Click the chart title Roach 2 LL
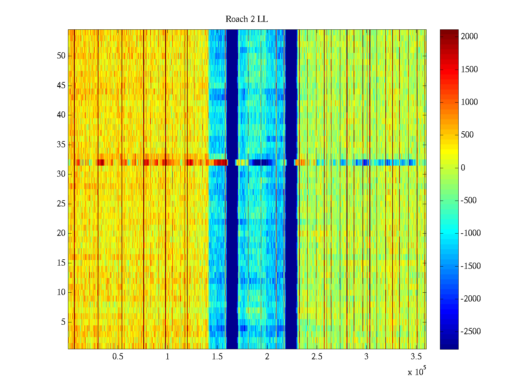click(x=246, y=19)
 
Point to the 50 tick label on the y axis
click(x=61, y=56)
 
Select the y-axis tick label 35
click(x=61, y=145)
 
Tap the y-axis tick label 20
click(x=61, y=233)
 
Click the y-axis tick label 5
click(x=63, y=322)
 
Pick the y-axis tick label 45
click(x=61, y=86)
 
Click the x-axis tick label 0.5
click(x=118, y=357)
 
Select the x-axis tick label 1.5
click(x=217, y=357)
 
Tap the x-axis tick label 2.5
click(x=317, y=357)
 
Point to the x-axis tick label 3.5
click(x=416, y=357)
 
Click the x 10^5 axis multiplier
click(x=417, y=372)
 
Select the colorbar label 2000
click(x=469, y=37)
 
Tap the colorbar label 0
click(x=463, y=168)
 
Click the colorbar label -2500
click(x=471, y=332)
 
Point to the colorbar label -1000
click(x=471, y=233)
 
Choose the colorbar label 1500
click(x=469, y=69)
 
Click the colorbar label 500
click(x=467, y=135)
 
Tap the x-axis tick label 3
click(x=366, y=357)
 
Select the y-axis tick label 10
click(x=61, y=292)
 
